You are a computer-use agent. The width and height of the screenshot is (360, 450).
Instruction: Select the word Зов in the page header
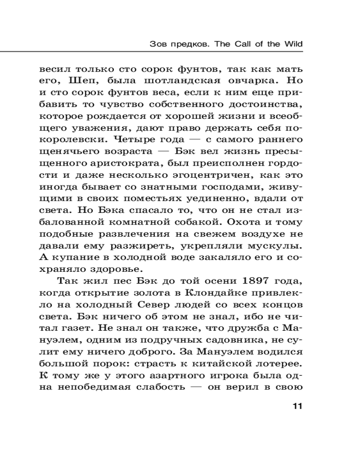(157, 45)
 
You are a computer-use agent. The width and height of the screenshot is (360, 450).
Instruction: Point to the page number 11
(297, 407)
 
